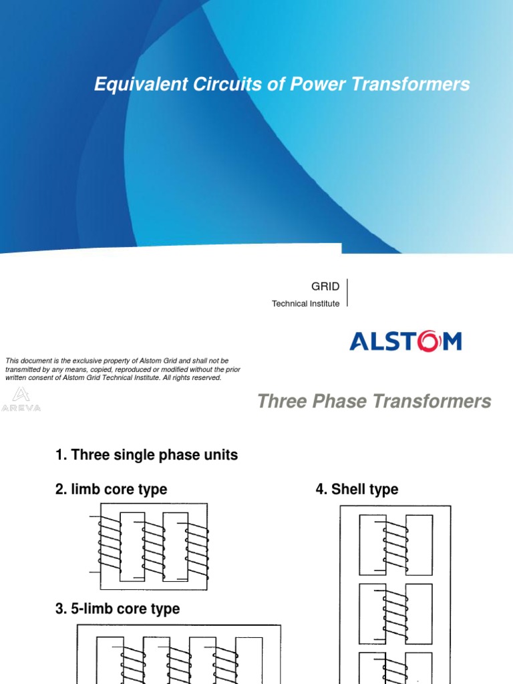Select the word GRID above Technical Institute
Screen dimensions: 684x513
coord(325,287)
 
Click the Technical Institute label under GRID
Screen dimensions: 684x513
coord(305,303)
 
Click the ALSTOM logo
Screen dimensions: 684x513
coord(405,342)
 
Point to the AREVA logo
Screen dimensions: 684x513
coord(21,398)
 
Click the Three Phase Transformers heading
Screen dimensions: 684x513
coord(374,401)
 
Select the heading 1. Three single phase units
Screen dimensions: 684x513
coord(146,456)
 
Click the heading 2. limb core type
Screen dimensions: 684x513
coord(111,490)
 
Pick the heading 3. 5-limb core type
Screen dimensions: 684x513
coord(118,609)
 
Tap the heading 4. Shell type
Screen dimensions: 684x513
coord(357,490)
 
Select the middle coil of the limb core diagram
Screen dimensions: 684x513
coord(154,549)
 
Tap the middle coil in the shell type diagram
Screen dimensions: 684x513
coord(394,613)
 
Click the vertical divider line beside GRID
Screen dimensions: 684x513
coord(348,293)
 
